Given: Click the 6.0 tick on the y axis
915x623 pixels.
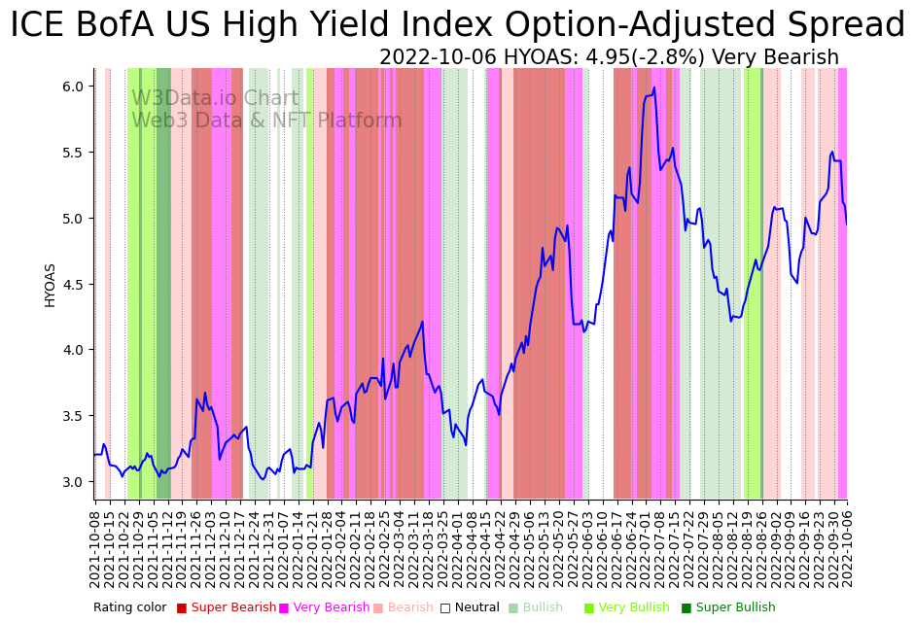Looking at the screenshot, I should tap(72, 87).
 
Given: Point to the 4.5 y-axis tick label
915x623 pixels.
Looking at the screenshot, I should tap(72, 285).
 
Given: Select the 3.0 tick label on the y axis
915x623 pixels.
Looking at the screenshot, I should tap(72, 482).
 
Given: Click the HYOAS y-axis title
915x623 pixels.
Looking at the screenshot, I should tap(50, 285).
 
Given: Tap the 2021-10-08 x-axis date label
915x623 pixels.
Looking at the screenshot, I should tap(95, 548).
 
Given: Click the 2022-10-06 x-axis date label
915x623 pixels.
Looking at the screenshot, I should tap(847, 548).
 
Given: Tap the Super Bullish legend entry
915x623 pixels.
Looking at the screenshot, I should tap(735, 607).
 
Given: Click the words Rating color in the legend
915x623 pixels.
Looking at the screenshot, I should tap(129, 607).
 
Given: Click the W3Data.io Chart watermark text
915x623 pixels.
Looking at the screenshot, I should tap(215, 98).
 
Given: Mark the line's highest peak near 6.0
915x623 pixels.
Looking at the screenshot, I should tap(654, 87).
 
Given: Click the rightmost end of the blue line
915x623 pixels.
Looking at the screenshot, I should tap(846, 225).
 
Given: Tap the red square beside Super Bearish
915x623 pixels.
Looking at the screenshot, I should tap(182, 608).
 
